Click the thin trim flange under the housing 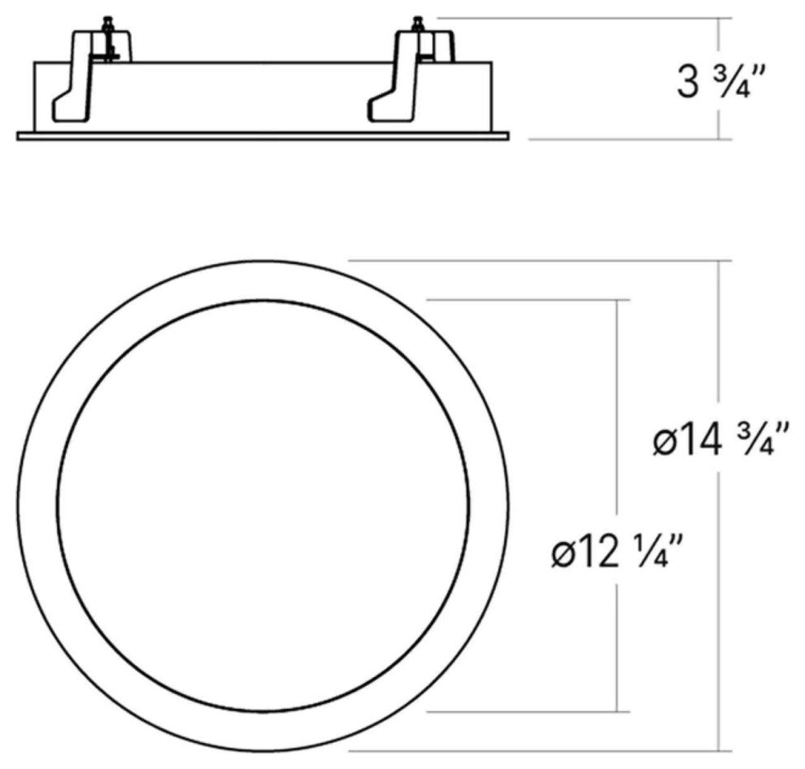(x=263, y=136)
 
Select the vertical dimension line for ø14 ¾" (x=719, y=341)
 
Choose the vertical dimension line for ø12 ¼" (x=619, y=406)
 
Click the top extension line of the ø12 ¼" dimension (x=529, y=300)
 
